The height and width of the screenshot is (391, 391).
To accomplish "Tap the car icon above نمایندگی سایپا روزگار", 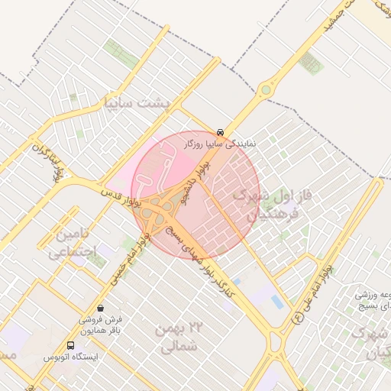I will pyautogui.click(x=221, y=131).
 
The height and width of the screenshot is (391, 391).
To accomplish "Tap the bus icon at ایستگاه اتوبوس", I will pyautogui.click(x=71, y=345).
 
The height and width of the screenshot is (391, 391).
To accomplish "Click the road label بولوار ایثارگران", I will pyautogui.click(x=46, y=160).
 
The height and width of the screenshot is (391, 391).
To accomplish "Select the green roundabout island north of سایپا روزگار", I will pyautogui.click(x=266, y=90).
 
